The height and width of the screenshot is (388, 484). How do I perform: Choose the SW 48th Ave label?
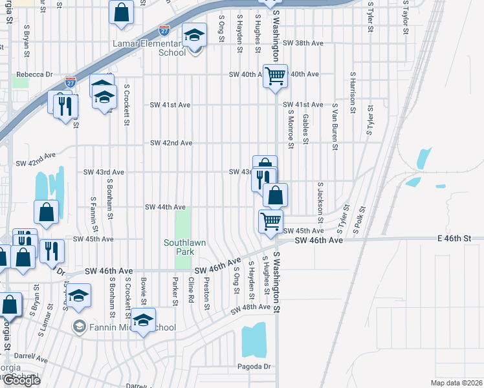coord(250,307)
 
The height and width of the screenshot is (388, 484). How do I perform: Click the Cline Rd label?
coord(191,290)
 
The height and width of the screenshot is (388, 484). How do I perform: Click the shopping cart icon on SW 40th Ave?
coord(276,76)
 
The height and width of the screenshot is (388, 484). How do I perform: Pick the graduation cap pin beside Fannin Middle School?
coord(143,319)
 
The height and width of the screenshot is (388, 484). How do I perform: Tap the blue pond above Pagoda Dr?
coord(254,340)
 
